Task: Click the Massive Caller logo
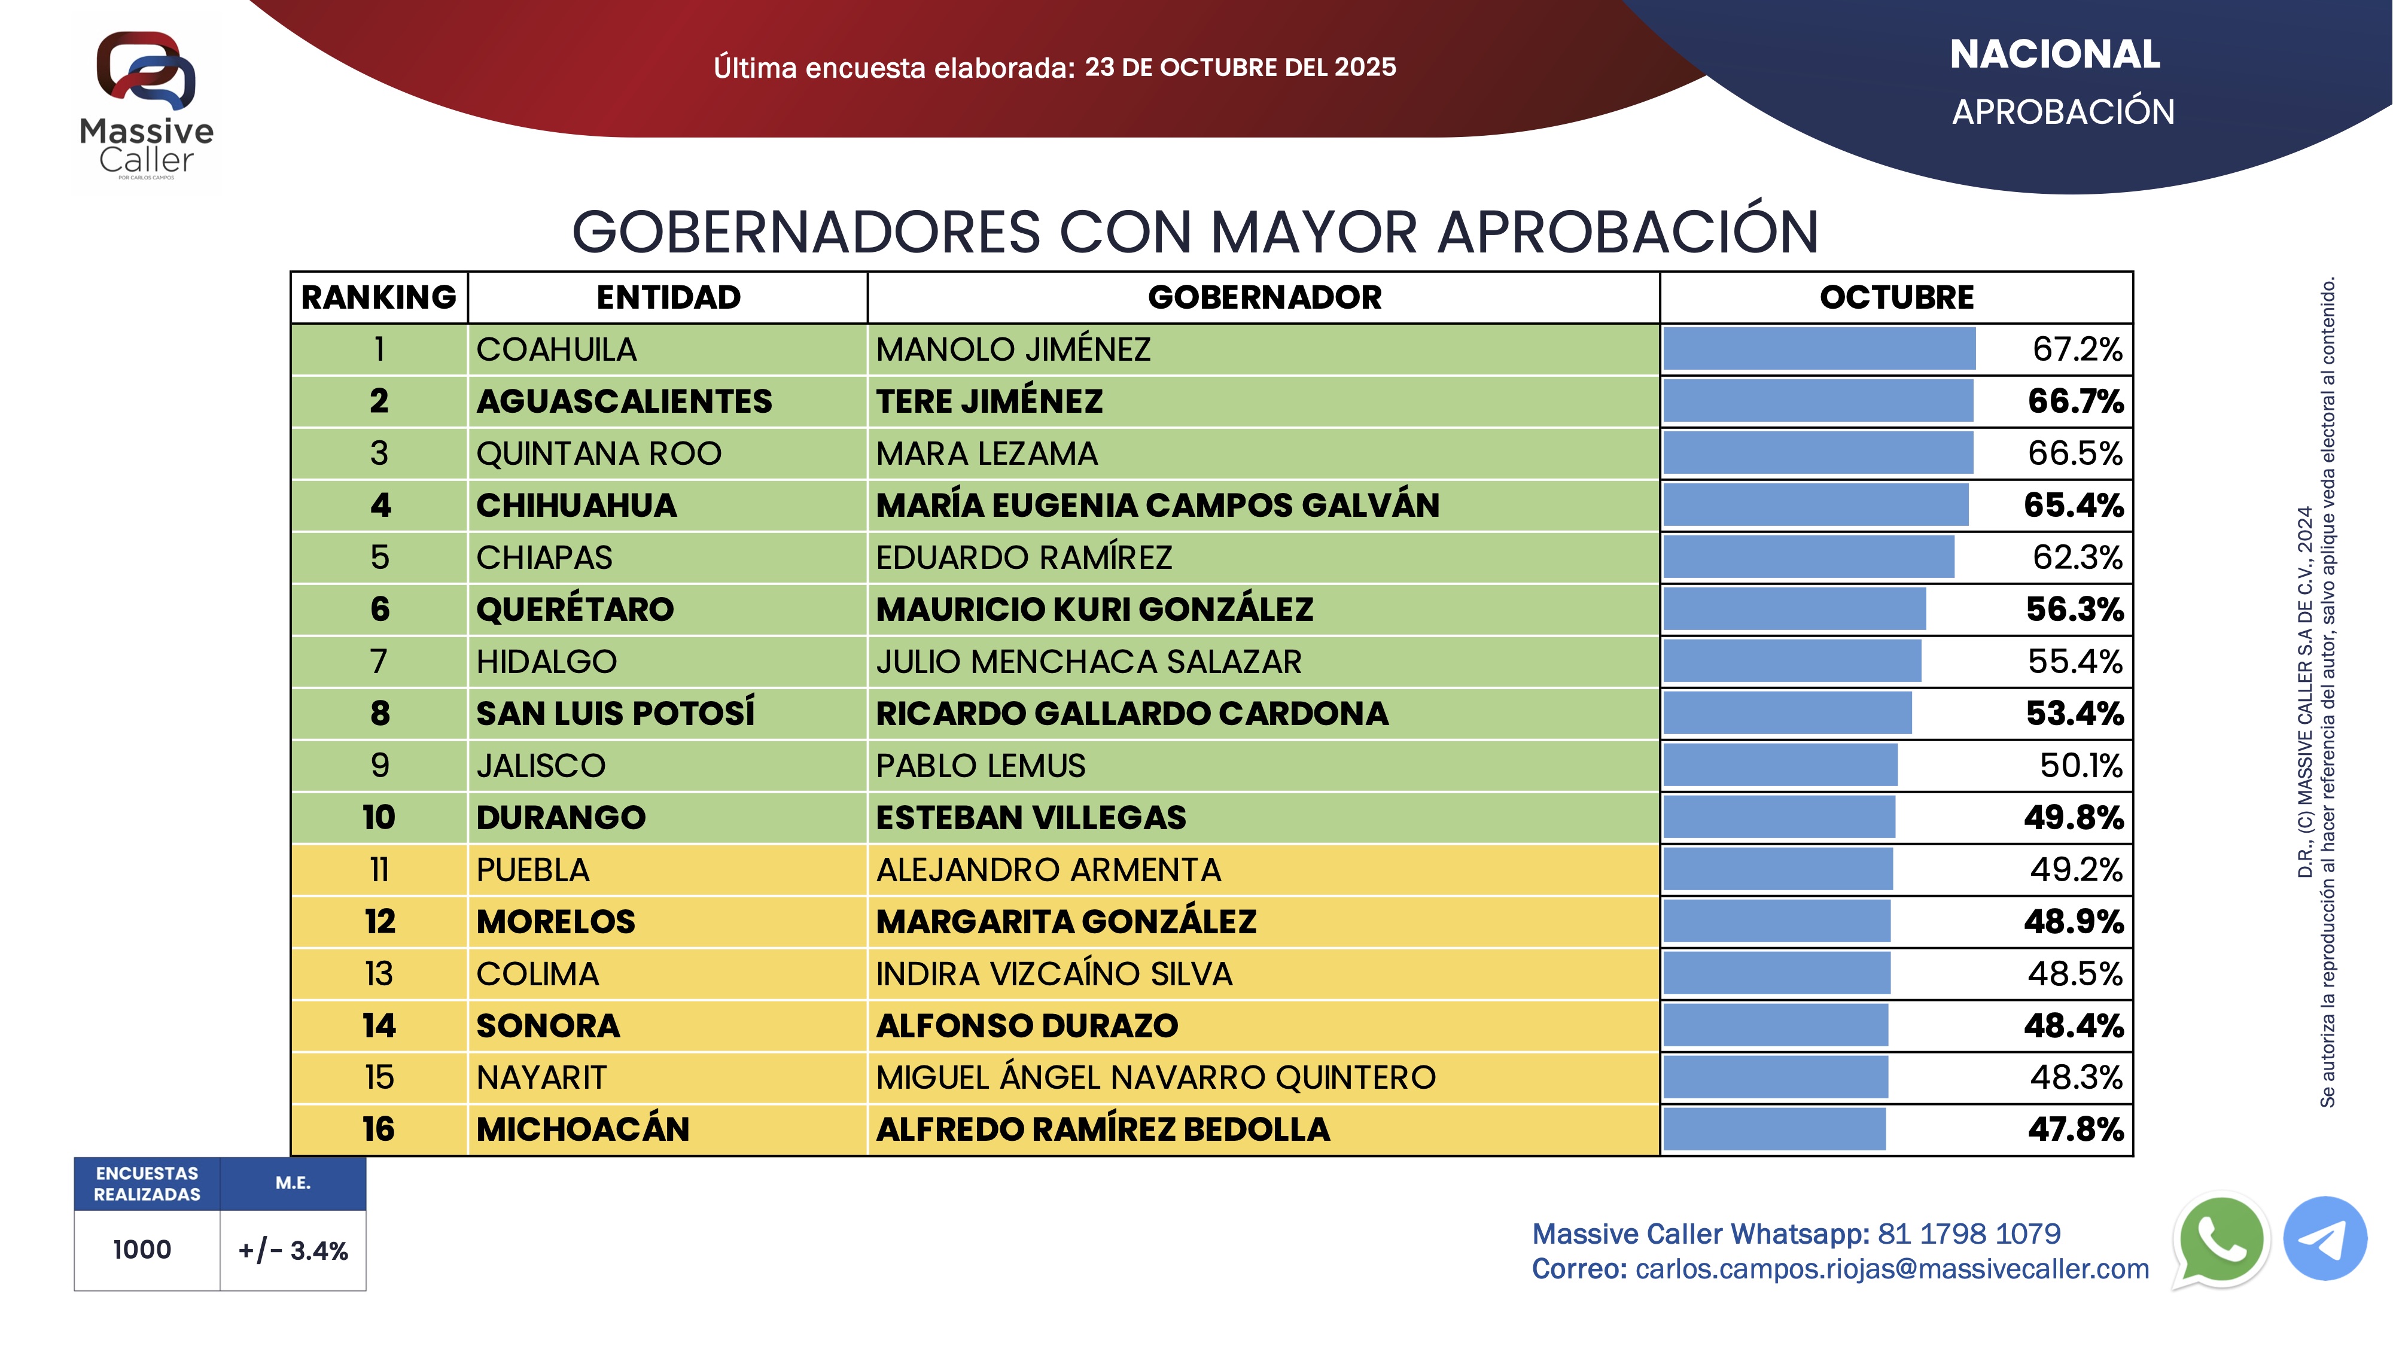click(147, 102)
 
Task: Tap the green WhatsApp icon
click(2220, 1240)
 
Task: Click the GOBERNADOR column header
click(1264, 297)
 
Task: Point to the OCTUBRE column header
click(1896, 297)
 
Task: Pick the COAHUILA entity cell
click(556, 349)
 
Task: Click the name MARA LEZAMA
click(987, 453)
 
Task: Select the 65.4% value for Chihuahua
click(2074, 505)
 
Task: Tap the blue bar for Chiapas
click(1808, 558)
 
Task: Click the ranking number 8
click(379, 714)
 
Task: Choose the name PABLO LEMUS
click(980, 766)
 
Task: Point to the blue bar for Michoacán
click(1774, 1129)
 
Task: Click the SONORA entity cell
click(548, 1025)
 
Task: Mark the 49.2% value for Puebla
click(2075, 869)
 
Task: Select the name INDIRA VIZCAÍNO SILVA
click(1054, 973)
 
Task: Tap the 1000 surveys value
click(142, 1250)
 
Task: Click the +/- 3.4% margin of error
click(293, 1250)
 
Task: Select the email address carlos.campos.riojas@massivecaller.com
click(1891, 1269)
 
